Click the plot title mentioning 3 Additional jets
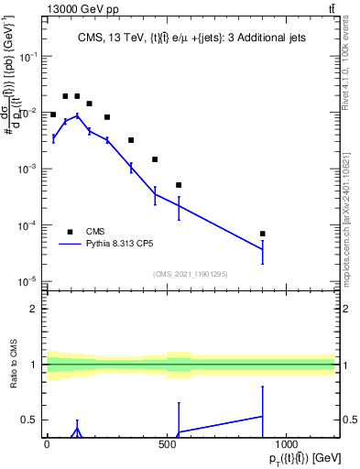pos(192,38)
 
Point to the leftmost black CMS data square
pos(53,115)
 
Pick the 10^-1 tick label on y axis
pos(29,57)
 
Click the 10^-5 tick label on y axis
pos(29,281)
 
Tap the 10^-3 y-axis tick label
pos(29,169)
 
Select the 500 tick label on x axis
pos(167,444)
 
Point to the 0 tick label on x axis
pos(47,444)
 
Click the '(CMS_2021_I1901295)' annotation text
pos(191,274)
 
